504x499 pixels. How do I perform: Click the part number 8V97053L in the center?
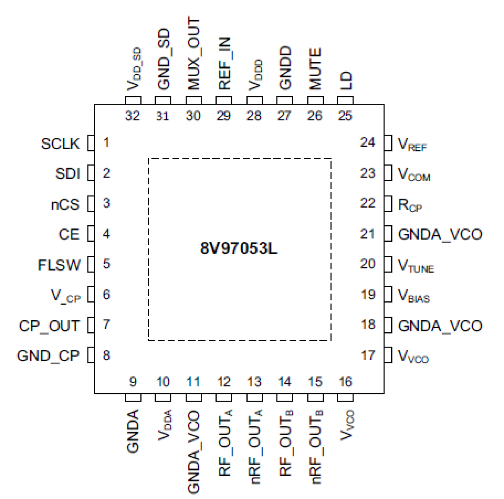pyautogui.click(x=239, y=248)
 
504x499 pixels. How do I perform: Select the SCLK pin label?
pyautogui.click(x=60, y=144)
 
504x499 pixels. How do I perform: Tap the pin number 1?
pyautogui.click(x=106, y=142)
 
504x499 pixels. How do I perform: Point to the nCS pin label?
pyautogui.click(x=65, y=205)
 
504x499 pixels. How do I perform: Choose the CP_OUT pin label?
pyautogui.click(x=49, y=326)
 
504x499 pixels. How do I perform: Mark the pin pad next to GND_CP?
pyautogui.click(x=91, y=356)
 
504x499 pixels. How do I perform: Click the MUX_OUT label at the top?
pyautogui.click(x=193, y=53)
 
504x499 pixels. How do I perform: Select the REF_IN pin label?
pyautogui.click(x=224, y=63)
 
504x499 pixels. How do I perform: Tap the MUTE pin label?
pyautogui.click(x=315, y=69)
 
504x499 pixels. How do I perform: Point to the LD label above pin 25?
pyautogui.click(x=345, y=81)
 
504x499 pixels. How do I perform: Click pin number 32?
pyautogui.click(x=132, y=116)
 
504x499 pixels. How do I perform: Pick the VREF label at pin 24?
pyautogui.click(x=412, y=145)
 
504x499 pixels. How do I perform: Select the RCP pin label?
pyautogui.click(x=410, y=205)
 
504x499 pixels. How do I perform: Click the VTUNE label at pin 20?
pyautogui.click(x=416, y=266)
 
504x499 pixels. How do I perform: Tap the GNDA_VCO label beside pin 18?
pyautogui.click(x=440, y=326)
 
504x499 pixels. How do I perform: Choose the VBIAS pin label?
pyautogui.click(x=414, y=296)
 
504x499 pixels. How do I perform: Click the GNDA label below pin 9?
pyautogui.click(x=133, y=431)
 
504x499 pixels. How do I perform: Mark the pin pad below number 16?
pyautogui.click(x=345, y=398)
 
